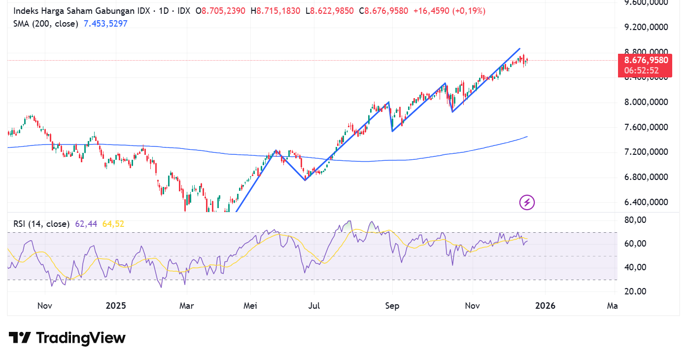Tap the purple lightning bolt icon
coord(527,202)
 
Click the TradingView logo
coord(67,338)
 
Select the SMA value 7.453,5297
coord(105,24)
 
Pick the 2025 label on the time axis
coord(116,306)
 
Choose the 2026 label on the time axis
coord(545,306)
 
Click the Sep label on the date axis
coord(392,306)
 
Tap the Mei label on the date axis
coord(250,306)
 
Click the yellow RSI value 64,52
coord(113,224)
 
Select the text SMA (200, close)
coord(46,24)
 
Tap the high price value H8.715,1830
coord(275,11)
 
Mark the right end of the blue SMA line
coord(527,137)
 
